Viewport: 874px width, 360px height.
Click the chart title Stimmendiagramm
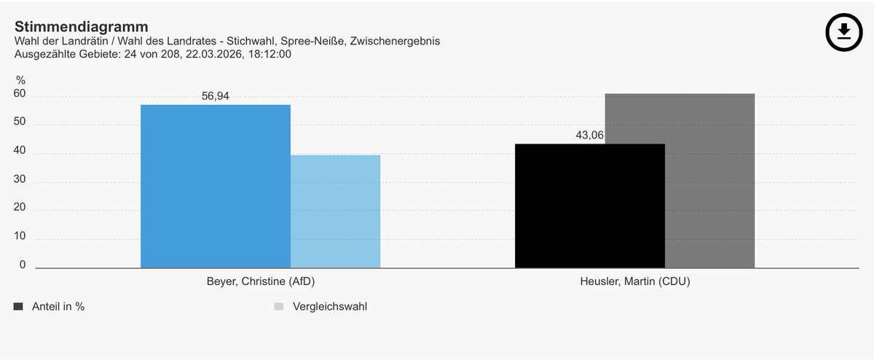pos(81,27)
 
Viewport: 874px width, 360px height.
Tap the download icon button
pos(843,31)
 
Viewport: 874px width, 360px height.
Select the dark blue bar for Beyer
pos(215,186)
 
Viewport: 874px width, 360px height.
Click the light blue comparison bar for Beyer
pos(335,211)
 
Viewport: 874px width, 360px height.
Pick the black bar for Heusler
pos(589,206)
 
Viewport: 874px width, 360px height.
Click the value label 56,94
pos(215,96)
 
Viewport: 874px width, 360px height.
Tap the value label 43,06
pos(590,135)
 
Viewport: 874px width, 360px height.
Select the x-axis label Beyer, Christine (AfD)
pos(261,281)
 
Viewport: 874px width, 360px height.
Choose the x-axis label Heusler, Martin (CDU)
pos(635,281)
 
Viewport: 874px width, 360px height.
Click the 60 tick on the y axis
pos(20,94)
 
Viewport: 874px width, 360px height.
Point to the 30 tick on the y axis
pos(20,179)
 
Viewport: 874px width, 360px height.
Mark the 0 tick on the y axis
pos(23,265)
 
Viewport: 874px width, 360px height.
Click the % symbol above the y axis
pos(21,79)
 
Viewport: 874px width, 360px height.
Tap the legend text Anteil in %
pos(58,307)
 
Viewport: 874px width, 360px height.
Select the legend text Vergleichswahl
pos(330,307)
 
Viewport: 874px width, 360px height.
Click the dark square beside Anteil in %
pos(18,307)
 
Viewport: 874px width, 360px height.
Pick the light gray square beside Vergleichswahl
pos(278,307)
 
